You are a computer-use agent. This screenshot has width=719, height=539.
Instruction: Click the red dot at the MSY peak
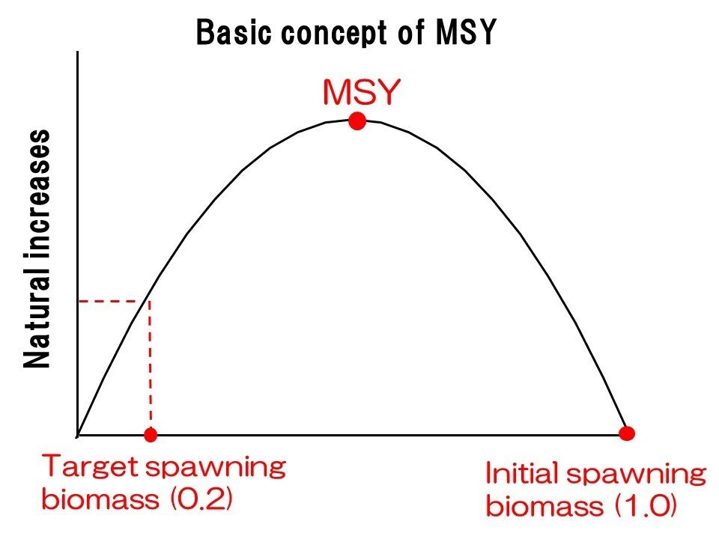coord(357,121)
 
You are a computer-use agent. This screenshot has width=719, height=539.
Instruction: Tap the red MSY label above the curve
coord(362,93)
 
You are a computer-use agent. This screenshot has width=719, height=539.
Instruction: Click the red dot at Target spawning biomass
coord(151,434)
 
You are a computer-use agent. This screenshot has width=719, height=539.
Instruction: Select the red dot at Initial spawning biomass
coord(628,433)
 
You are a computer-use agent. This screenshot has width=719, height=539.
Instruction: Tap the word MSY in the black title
coord(465,33)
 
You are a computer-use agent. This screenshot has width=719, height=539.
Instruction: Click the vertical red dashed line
coord(151,367)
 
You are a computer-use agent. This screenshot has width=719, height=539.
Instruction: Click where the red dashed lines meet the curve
coord(151,301)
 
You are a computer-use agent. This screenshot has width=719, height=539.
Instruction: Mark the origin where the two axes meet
coord(78,435)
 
